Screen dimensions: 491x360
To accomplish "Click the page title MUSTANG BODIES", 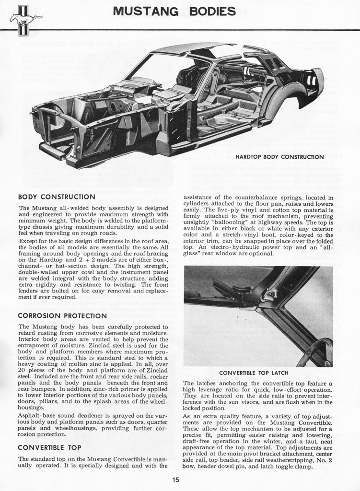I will pyautogui.click(x=174, y=11).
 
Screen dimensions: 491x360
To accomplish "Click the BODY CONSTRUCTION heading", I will pyautogui.click(x=56, y=197).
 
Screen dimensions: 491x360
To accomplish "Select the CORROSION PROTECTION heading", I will pyautogui.click(x=62, y=316).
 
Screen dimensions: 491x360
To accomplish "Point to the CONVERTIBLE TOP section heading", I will pyautogui.click(x=49, y=447).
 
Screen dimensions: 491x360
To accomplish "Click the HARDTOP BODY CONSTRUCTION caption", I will pyautogui.click(x=279, y=157).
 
